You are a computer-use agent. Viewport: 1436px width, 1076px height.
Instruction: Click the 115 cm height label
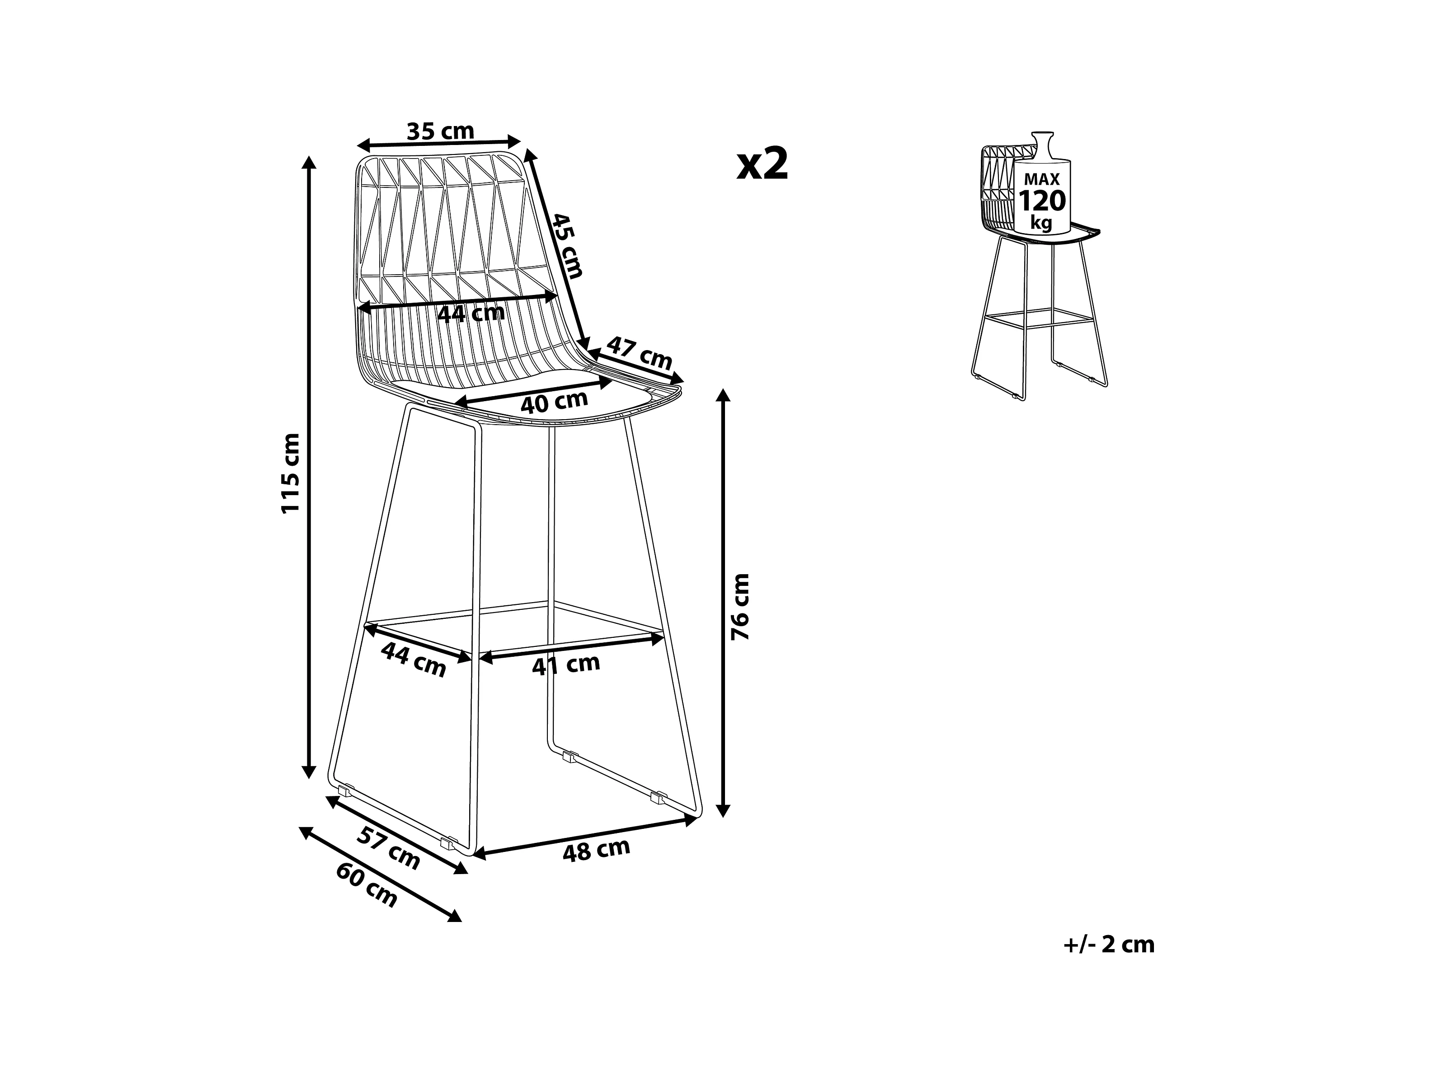point(290,473)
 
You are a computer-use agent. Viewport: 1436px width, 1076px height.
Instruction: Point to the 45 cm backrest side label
point(567,245)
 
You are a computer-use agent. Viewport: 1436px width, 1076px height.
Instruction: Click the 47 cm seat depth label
point(640,354)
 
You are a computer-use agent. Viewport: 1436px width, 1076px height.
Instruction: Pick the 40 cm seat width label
point(554,402)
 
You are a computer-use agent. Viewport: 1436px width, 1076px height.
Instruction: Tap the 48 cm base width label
point(596,850)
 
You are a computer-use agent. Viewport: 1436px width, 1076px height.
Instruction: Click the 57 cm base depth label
point(388,848)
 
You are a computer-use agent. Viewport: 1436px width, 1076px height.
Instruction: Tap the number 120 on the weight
point(1042,201)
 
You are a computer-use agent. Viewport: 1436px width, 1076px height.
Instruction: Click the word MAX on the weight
point(1042,179)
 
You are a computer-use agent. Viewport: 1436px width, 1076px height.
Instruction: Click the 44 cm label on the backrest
point(471,313)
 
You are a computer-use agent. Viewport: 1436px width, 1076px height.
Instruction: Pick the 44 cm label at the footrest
point(413,659)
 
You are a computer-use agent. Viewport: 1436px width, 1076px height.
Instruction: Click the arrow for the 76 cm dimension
point(724,603)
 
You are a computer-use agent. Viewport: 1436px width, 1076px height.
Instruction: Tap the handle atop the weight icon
point(1043,144)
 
